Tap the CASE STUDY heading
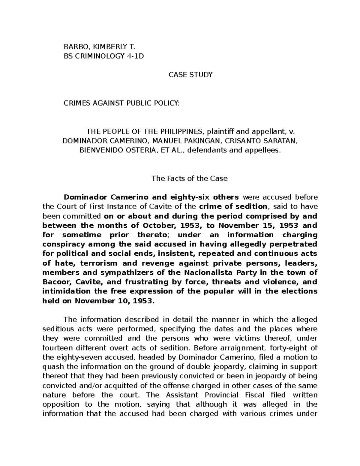coord(190,75)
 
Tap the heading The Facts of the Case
coord(190,179)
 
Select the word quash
coord(52,367)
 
